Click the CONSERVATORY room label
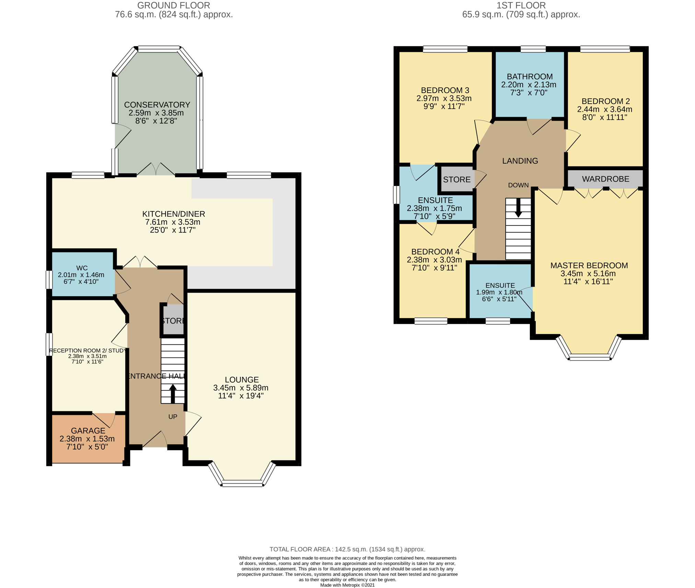tap(157, 105)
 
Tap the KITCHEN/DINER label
tap(174, 214)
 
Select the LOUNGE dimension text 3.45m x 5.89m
tap(241, 388)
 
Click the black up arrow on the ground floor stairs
tap(173, 393)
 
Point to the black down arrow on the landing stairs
tap(518, 208)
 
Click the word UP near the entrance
tap(173, 416)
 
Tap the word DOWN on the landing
tap(518, 185)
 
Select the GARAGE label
tap(88, 431)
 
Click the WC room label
tap(82, 268)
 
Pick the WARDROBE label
tap(606, 179)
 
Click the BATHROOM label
tap(530, 77)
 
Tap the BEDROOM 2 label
tap(606, 101)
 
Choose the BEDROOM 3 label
tap(445, 90)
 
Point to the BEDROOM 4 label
tap(436, 252)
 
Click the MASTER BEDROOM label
tap(589, 265)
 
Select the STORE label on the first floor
tap(457, 179)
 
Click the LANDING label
tap(520, 161)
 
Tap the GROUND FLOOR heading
tap(174, 5)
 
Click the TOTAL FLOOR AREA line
tap(347, 549)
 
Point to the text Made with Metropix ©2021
tap(347, 585)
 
